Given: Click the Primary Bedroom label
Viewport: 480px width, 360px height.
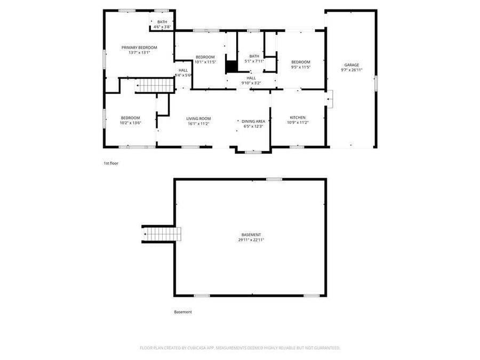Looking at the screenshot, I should click(139, 47).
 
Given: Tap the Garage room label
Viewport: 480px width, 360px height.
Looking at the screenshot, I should click(351, 65).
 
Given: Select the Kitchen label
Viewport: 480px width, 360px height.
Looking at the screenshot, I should click(298, 117).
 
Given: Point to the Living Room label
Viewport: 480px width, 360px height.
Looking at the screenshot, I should click(198, 118).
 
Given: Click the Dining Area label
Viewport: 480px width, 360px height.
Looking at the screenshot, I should click(254, 121).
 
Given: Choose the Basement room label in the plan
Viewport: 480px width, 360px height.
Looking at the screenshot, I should click(251, 235).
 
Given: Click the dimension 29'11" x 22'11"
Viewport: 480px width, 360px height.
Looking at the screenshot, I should click(251, 240).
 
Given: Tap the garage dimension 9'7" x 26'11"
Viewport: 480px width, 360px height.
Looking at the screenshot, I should click(351, 70).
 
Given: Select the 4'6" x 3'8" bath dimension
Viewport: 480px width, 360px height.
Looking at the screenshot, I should click(162, 27).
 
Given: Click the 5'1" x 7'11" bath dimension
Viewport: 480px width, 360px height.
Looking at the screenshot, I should click(254, 61).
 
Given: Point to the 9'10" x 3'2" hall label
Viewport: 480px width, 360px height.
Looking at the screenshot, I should click(251, 83).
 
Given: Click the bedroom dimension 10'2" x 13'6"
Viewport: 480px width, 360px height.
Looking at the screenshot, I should click(130, 123).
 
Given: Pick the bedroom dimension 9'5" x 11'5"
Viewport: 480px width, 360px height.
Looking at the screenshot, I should click(301, 67).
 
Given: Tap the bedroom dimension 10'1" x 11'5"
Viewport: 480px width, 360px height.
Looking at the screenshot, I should click(205, 62).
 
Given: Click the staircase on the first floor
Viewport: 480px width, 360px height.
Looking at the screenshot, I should click(149, 85).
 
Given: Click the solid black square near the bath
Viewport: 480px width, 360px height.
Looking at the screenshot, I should click(231, 67).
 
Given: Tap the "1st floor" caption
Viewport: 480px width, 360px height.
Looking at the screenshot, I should click(111, 163).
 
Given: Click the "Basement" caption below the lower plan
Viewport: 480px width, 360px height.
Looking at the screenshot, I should click(183, 312).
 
